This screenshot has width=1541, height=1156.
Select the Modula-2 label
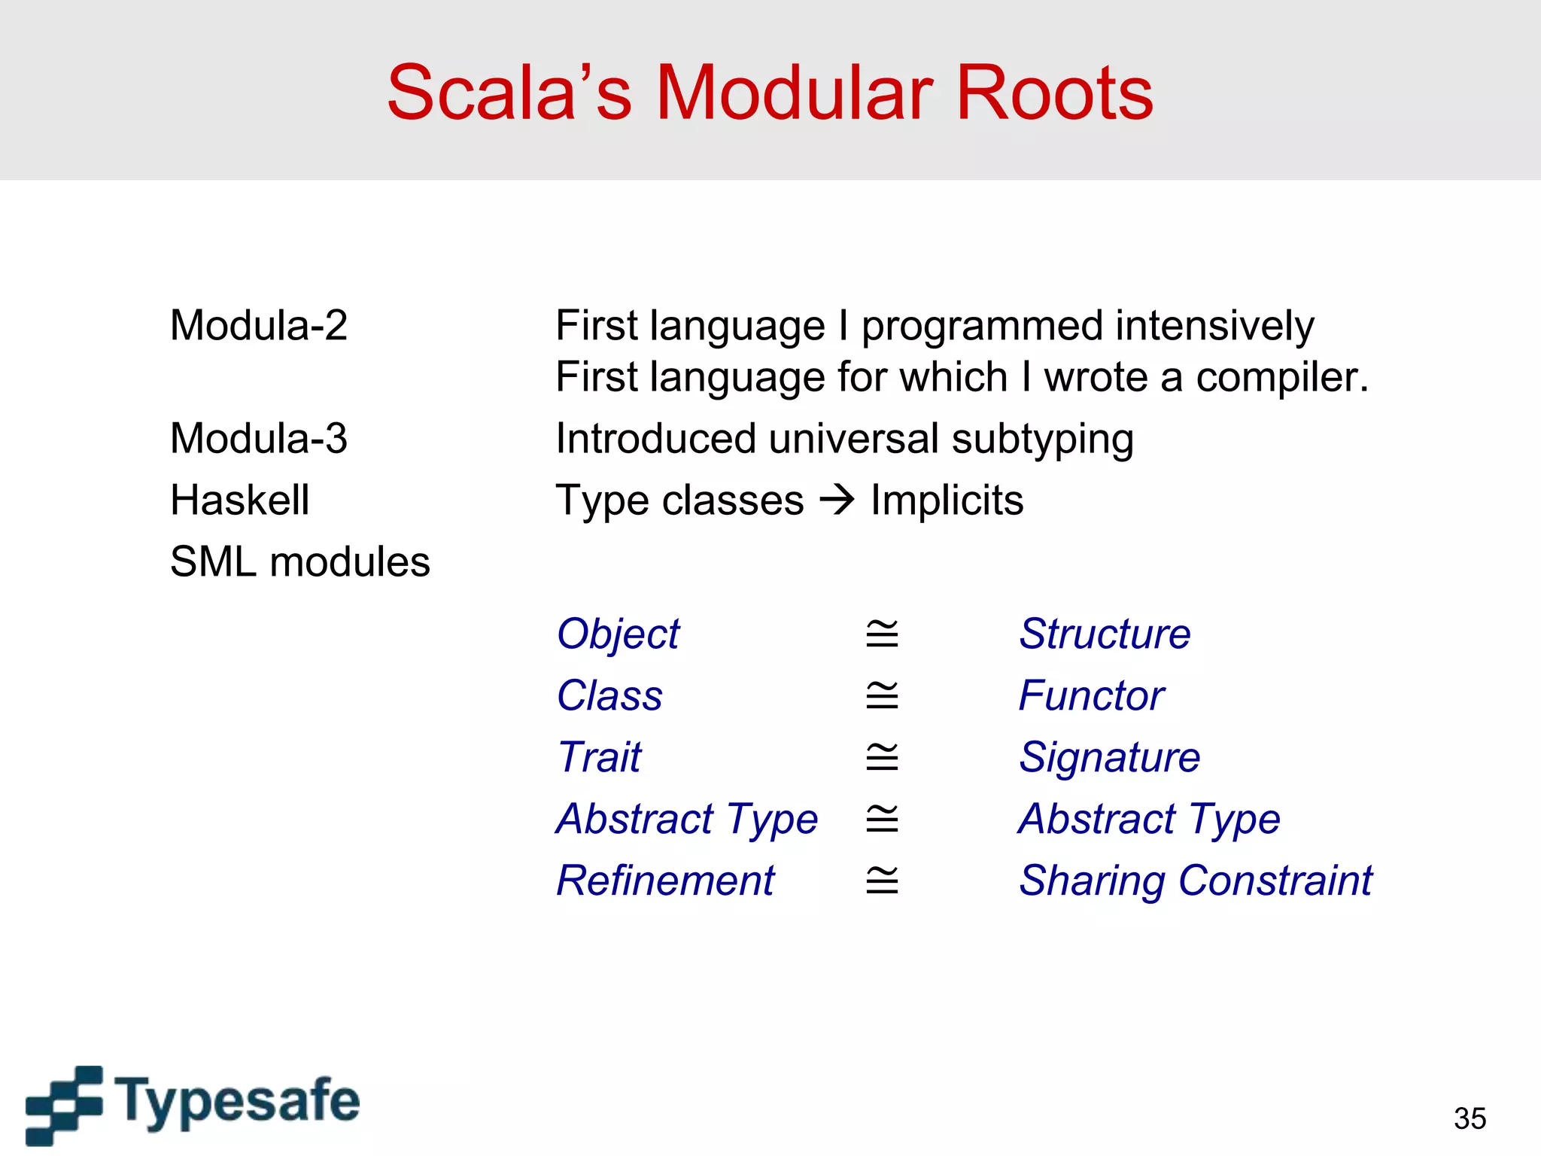pos(259,325)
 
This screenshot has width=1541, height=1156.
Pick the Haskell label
pos(239,500)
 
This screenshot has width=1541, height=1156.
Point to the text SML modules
pos(299,561)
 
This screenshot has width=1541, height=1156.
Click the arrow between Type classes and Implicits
pos(837,500)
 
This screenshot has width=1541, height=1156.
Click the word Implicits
pos(947,500)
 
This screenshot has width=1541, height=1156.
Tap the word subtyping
pos(1042,440)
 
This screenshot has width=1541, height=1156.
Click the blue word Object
pos(618,634)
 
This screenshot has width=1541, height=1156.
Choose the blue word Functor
pos(1091,695)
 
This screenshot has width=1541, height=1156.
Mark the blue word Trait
pos(599,757)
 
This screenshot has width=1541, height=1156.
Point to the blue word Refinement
pos(665,881)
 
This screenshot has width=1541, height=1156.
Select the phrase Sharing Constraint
pos(1195,881)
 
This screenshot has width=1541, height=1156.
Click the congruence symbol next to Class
pos(882,695)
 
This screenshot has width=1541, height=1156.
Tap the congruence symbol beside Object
pos(882,634)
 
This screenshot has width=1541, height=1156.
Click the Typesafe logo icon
pos(64,1104)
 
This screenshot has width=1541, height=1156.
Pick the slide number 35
pos(1470,1118)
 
